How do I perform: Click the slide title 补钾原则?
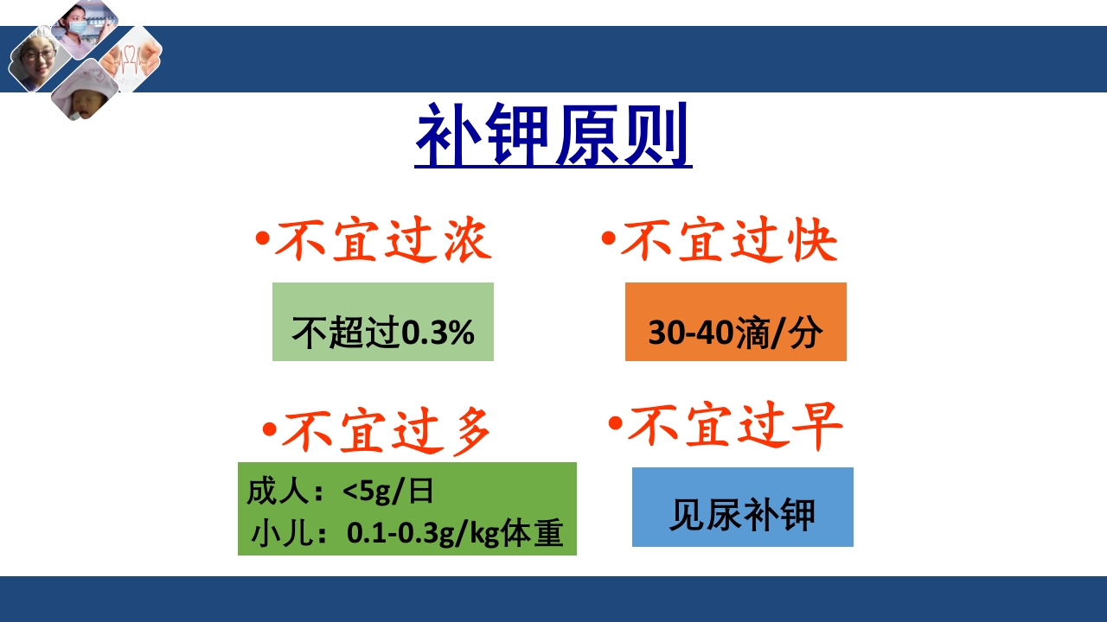[x=553, y=137]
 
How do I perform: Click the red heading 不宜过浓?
[x=382, y=240]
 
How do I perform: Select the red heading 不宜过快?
[x=728, y=240]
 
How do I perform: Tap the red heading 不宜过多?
[x=386, y=429]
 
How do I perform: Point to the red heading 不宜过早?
[x=733, y=426]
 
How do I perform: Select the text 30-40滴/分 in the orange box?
[x=735, y=333]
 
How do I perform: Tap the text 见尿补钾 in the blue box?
[x=742, y=515]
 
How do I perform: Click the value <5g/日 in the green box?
[x=387, y=492]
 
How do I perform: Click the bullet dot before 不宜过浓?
[x=262, y=238]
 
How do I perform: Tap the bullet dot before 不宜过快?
[x=608, y=238]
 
